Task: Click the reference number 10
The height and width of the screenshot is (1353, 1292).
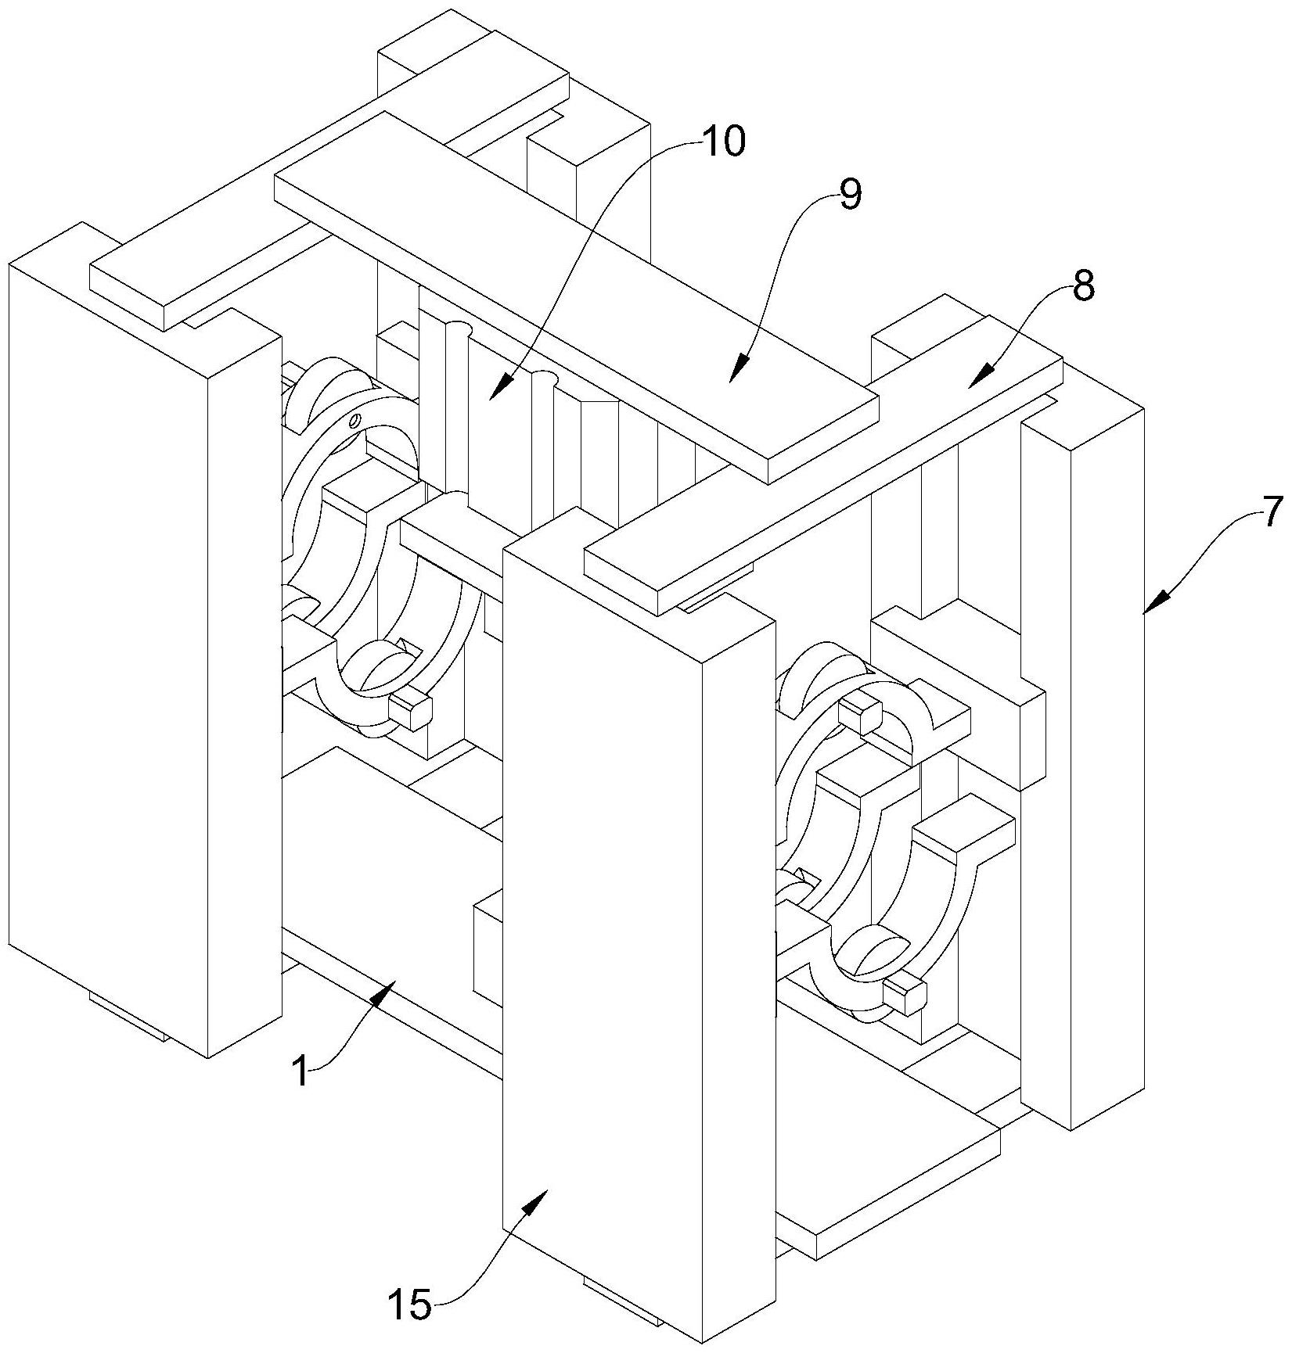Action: (x=724, y=142)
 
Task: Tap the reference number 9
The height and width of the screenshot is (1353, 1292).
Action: (x=850, y=196)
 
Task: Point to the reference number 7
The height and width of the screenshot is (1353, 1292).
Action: (x=1272, y=512)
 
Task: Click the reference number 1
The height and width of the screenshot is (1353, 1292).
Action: (x=300, y=1071)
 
